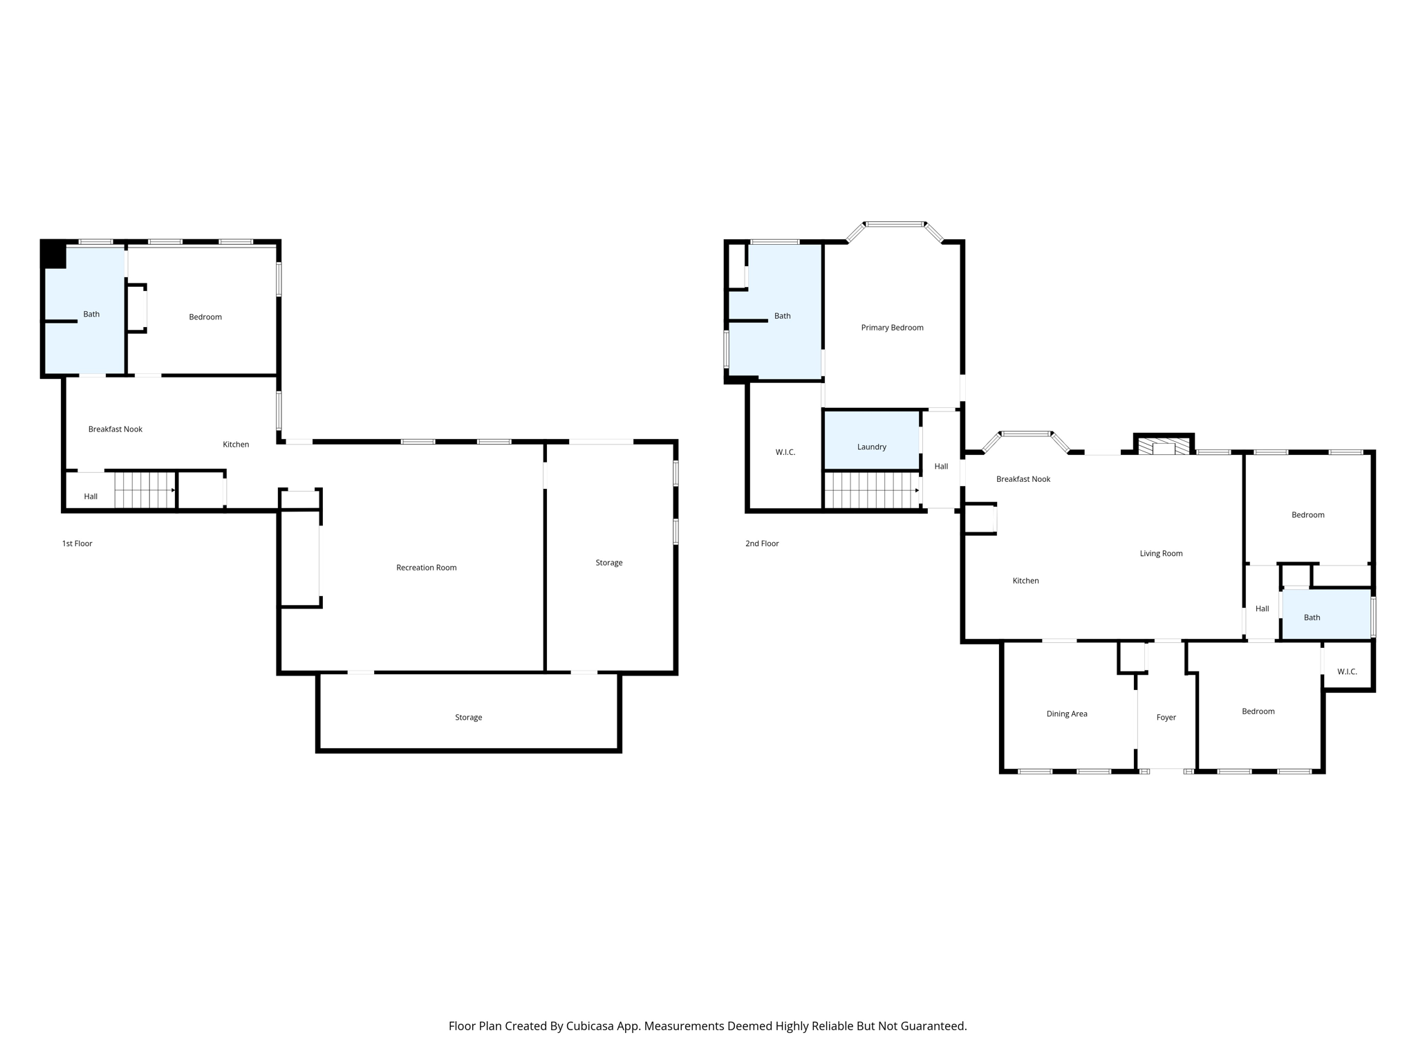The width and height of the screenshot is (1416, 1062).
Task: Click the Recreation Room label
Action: coord(426,568)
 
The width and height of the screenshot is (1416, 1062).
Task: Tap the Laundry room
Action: coord(871,447)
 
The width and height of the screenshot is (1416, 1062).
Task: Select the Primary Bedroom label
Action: coord(892,328)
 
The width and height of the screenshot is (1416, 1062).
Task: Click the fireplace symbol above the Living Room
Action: coord(1164,446)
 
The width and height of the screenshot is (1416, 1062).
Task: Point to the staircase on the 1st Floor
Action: coord(144,490)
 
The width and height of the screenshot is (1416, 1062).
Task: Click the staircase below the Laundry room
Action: coord(871,490)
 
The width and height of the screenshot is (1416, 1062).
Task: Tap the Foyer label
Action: coord(1166,718)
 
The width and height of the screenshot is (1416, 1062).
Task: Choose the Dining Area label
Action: coord(1067,714)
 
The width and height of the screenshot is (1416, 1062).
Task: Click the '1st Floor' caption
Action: coord(77,543)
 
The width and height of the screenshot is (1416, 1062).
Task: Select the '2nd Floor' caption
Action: coord(762,543)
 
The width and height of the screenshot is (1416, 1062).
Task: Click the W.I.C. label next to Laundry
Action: coord(785,452)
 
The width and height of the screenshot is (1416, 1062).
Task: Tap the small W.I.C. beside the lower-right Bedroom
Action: coord(1347,671)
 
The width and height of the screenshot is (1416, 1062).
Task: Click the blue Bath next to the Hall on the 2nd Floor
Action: coord(1312,617)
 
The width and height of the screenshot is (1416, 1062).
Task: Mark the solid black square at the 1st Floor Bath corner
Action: coord(54,254)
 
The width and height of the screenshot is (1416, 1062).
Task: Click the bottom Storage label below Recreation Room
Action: coord(468,718)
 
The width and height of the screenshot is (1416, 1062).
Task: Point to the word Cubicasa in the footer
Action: coord(592,1026)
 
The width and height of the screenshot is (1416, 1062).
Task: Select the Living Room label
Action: coord(1161,553)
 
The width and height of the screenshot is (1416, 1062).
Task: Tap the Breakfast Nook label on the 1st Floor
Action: coord(115,429)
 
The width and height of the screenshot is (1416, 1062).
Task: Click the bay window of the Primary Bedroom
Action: coord(895,225)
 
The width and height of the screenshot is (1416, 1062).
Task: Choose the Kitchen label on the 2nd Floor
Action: coord(1025,581)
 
